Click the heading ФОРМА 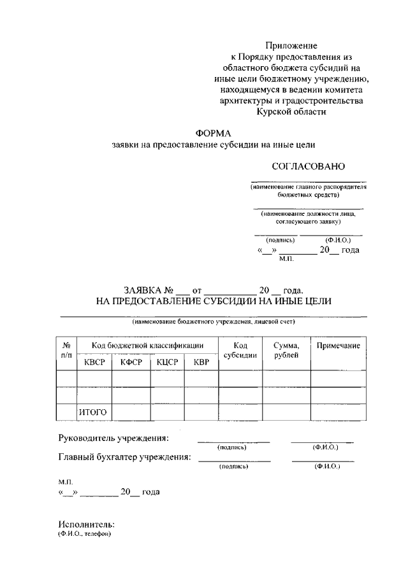pos(214,133)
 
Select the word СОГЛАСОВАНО pos(309,167)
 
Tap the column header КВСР pos(94,363)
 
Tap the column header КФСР pos(131,363)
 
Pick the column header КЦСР pos(168,363)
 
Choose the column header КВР pos(201,363)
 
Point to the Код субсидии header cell pos(240,351)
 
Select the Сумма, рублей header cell pos(286,351)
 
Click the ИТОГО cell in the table pos(92,412)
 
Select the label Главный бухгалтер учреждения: pos(124,457)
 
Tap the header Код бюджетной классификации pos(147,346)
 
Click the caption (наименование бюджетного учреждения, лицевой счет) pos(214,322)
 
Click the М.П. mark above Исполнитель pos(66,483)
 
